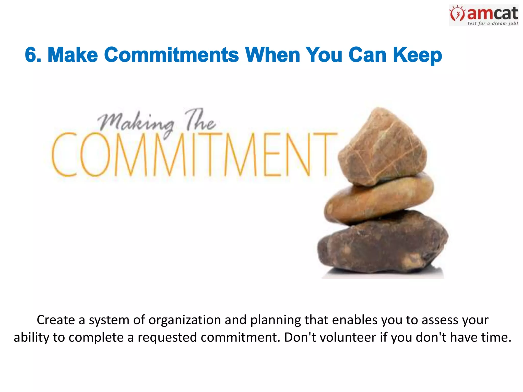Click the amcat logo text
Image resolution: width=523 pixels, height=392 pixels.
(492, 14)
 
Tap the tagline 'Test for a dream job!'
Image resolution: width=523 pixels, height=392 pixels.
(492, 23)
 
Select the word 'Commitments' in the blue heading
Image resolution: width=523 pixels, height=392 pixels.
(171, 55)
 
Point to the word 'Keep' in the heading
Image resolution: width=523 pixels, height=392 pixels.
(417, 55)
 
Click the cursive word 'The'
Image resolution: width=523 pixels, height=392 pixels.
(201, 120)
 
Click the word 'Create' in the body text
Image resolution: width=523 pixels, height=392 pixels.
(56, 320)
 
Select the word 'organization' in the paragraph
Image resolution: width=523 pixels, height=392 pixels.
(185, 320)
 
